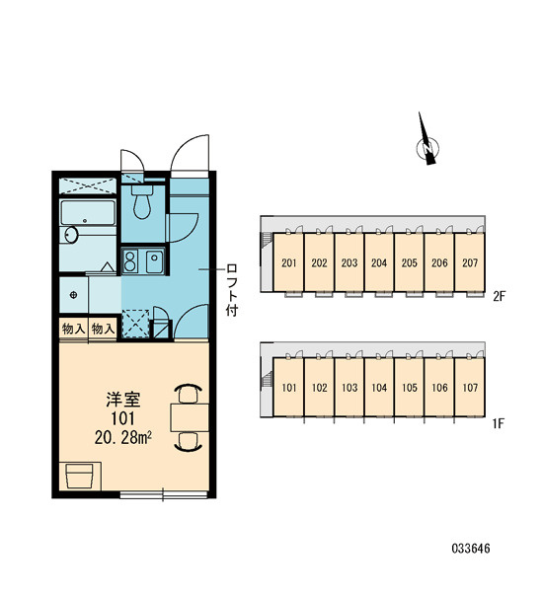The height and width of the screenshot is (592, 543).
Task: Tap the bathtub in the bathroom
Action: tap(88, 212)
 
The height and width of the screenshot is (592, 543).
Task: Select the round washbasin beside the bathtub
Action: tap(70, 235)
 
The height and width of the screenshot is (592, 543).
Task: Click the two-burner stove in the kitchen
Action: tap(130, 260)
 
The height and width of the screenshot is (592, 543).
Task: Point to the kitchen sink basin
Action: tap(154, 260)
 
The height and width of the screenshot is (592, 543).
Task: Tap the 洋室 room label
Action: tap(123, 400)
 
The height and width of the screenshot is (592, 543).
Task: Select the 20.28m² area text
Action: tap(123, 437)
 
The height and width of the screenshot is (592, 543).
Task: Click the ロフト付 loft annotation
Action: tap(232, 289)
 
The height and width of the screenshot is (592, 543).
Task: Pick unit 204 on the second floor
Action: tap(379, 262)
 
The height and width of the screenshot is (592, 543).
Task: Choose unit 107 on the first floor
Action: tap(470, 388)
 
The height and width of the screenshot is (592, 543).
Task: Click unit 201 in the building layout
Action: tap(288, 262)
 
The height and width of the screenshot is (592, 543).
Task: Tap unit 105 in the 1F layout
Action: tap(410, 388)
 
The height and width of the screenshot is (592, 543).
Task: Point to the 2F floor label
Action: tap(499, 297)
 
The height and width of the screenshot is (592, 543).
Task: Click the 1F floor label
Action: tap(499, 423)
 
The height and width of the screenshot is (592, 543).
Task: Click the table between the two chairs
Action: tap(190, 417)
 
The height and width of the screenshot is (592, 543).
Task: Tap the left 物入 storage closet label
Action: tap(73, 329)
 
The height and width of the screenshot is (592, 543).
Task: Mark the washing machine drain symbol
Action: tap(73, 295)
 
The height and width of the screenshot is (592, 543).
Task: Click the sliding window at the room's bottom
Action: tap(164, 494)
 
